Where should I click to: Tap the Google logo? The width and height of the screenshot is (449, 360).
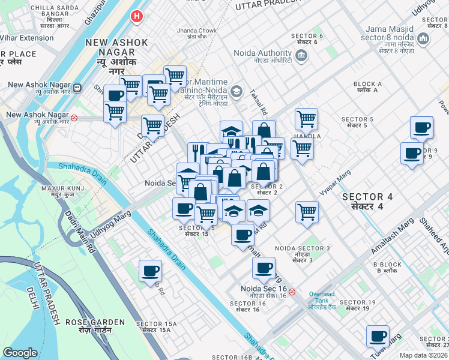coord(20,353)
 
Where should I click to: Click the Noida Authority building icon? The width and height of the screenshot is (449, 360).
coord(301,57)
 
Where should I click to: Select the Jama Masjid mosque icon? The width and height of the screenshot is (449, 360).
coord(424,40)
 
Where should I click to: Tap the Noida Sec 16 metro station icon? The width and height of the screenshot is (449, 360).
coord(292,292)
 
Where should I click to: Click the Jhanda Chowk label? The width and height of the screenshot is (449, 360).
coord(196,31)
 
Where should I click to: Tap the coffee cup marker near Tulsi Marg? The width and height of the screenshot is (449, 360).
coord(378,336)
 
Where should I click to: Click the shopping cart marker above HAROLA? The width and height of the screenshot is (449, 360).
coord(306,119)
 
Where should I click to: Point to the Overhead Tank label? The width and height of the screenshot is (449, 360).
coord(322,298)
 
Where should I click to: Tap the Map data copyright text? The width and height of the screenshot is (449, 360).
coord(424,355)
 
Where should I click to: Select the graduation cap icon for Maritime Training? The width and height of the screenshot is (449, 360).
coord(237,91)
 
